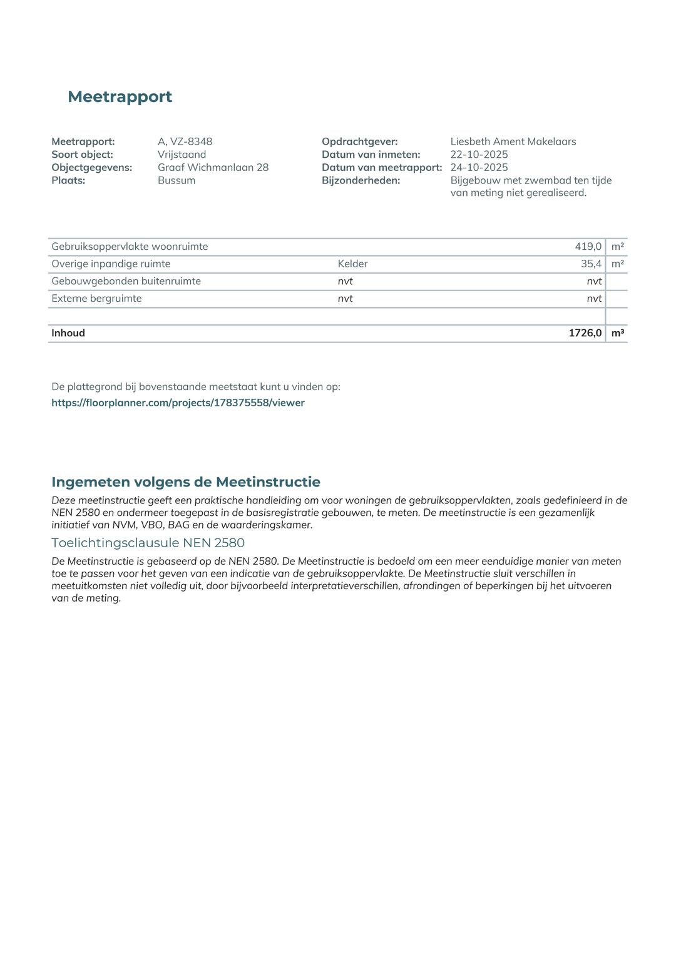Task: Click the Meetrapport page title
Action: (x=120, y=96)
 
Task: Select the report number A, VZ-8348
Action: (x=185, y=141)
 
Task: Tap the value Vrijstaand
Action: (x=182, y=155)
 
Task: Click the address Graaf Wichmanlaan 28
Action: (x=213, y=167)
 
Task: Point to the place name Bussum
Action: (x=176, y=180)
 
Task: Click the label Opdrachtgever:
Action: (x=359, y=141)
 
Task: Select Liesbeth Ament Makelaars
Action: (x=513, y=141)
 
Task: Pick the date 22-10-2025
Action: (x=479, y=155)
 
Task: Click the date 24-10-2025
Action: (x=479, y=167)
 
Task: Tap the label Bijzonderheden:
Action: (x=361, y=180)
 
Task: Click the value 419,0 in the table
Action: (x=588, y=247)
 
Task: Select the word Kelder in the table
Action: (x=352, y=264)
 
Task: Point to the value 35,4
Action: (x=591, y=264)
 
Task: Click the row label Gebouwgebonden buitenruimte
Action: (x=126, y=281)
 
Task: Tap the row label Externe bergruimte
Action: (x=96, y=299)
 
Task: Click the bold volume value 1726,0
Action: (x=585, y=333)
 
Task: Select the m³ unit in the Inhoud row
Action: (x=617, y=333)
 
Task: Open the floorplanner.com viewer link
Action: (x=178, y=403)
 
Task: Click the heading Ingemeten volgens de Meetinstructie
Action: (x=185, y=481)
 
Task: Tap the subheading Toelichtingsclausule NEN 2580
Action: (x=148, y=543)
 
